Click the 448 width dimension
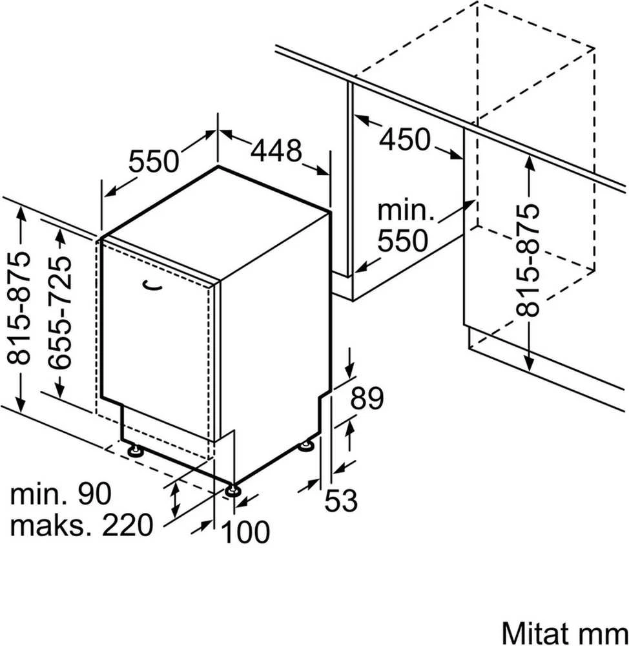click(x=276, y=151)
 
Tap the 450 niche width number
click(x=404, y=140)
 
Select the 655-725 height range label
click(x=59, y=313)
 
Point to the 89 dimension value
click(x=367, y=398)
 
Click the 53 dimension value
click(x=341, y=501)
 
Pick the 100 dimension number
click(x=245, y=532)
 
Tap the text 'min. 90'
click(x=61, y=494)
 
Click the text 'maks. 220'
click(x=81, y=525)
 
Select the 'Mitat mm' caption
click(x=564, y=632)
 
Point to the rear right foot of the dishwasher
click(x=307, y=446)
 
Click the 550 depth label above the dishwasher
click(x=154, y=161)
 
